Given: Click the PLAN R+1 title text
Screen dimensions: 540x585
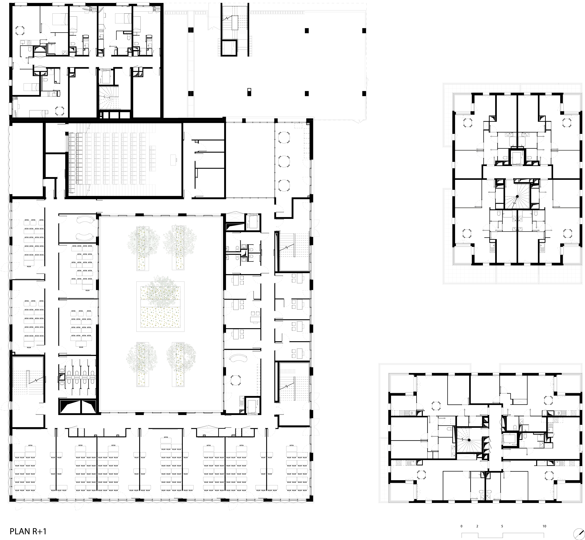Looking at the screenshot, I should [x=28, y=531].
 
